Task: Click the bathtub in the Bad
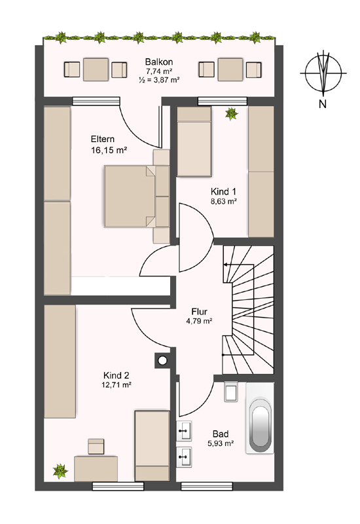[260, 418]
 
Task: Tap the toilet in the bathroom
[231, 391]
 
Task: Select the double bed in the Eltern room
[130, 196]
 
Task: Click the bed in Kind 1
[194, 141]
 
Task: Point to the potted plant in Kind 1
[231, 114]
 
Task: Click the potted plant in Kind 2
[60, 471]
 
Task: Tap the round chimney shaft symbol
[162, 361]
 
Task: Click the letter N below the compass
[322, 104]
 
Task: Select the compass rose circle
[323, 73]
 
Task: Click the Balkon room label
[159, 62]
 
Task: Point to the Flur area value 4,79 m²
[200, 321]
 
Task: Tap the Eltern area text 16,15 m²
[109, 150]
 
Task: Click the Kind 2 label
[116, 375]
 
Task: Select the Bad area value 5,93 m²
[221, 443]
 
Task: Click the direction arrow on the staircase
[240, 265]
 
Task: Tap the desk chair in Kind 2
[96, 447]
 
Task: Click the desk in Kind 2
[96, 468]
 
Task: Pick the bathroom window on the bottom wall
[206, 486]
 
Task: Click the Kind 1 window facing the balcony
[222, 101]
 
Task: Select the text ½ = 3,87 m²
[159, 80]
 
